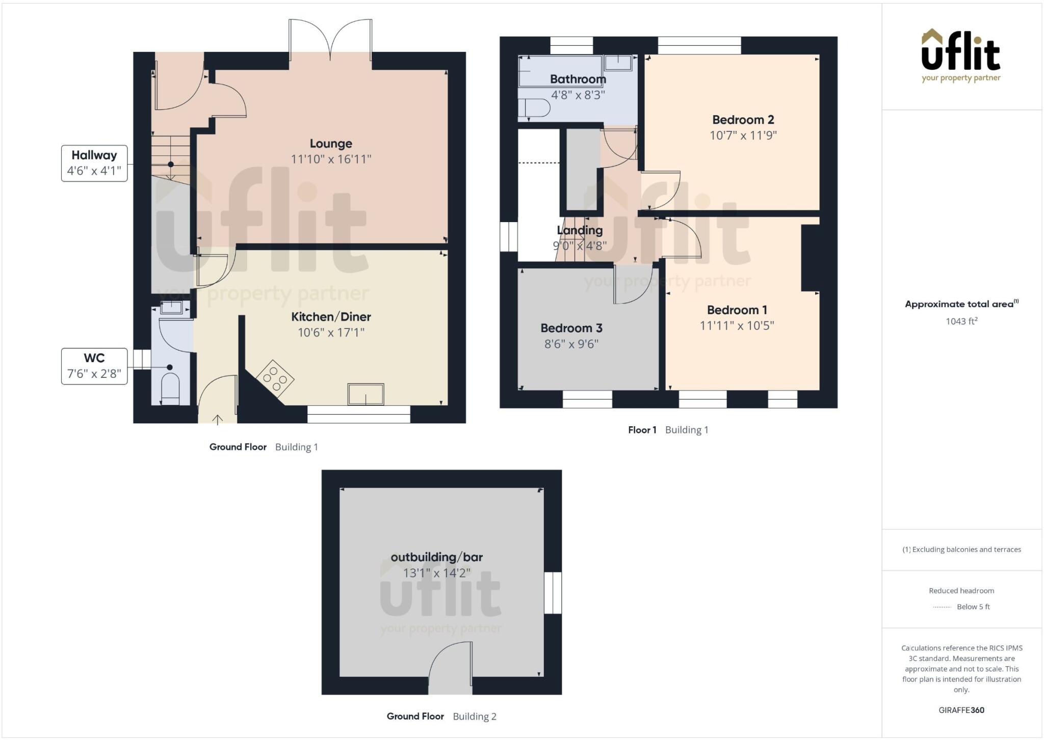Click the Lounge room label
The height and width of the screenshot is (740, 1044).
331,144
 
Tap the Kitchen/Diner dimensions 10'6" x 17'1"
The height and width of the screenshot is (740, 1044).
331,333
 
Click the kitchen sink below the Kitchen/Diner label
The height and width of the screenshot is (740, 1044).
366,394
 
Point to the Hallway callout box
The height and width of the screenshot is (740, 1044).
94,163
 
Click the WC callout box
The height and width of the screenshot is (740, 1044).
94,366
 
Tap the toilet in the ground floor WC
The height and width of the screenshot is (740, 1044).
170,390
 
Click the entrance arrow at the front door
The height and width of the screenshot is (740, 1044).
218,420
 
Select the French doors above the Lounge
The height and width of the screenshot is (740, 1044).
330,38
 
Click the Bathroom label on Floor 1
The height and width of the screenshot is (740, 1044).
578,79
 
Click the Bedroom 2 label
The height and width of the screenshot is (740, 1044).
743,120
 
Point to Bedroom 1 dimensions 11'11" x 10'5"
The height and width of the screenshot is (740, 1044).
737,326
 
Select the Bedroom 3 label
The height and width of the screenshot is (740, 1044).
571,328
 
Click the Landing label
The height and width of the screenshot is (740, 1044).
580,230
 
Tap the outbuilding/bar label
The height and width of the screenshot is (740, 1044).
436,557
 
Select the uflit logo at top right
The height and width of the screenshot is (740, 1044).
961,55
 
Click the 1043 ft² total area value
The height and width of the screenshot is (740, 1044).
961,321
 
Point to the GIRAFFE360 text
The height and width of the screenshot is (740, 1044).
961,710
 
